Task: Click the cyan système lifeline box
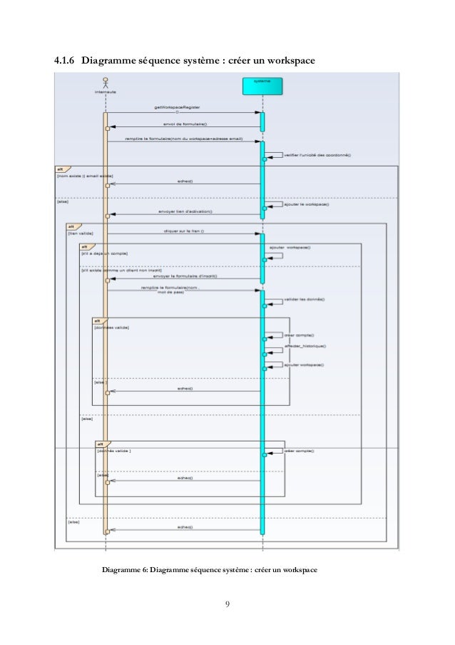tap(262, 86)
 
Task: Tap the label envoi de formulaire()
tap(185, 124)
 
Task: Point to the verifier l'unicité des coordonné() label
tap(312, 154)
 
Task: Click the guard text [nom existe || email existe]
tap(84, 175)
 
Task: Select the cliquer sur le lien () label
tap(183, 231)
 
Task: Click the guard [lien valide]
tap(80, 233)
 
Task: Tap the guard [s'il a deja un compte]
tap(106, 254)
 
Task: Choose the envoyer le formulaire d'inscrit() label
tap(187, 276)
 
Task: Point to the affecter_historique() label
tap(305, 346)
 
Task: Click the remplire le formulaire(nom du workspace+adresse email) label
tap(184, 139)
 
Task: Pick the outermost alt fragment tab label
tap(61, 168)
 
